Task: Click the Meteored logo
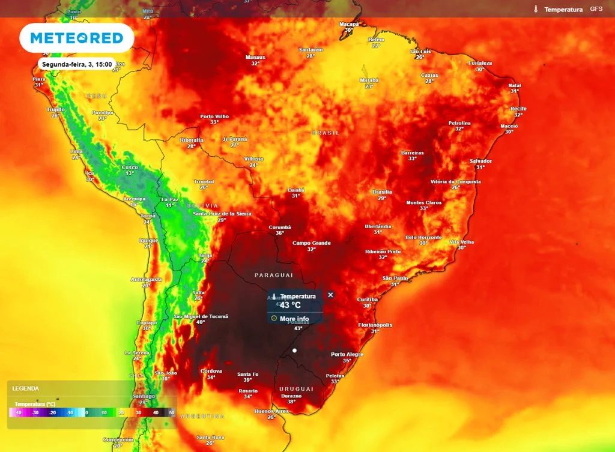click(x=76, y=38)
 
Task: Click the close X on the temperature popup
click(x=330, y=295)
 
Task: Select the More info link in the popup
click(x=294, y=319)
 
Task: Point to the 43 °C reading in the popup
click(x=290, y=305)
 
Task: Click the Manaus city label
click(x=255, y=57)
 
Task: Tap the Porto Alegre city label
click(x=347, y=354)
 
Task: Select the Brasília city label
click(x=382, y=191)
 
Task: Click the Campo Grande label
click(x=312, y=243)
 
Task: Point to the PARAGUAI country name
click(x=273, y=275)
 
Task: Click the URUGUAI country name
click(x=296, y=389)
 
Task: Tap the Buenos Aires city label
click(x=271, y=411)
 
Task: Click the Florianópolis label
click(x=375, y=325)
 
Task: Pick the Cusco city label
click(x=130, y=167)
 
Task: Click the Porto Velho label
click(x=214, y=116)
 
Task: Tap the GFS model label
click(x=596, y=9)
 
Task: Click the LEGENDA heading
click(x=25, y=388)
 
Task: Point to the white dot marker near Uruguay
click(x=294, y=350)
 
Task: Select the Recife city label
click(x=518, y=109)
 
